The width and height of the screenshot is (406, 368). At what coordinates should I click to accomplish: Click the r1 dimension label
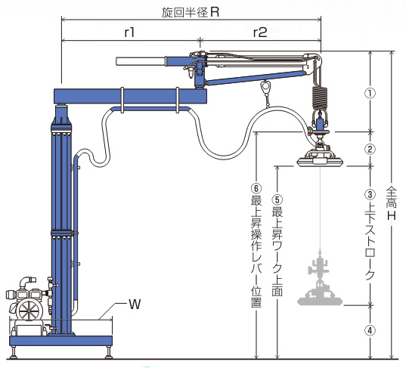(129, 32)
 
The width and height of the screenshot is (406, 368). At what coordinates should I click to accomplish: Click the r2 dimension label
(260, 32)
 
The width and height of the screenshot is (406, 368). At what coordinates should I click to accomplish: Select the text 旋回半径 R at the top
(191, 12)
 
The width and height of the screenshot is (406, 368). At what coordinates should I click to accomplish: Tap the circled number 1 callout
(370, 93)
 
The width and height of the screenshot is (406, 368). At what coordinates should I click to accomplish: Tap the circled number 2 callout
(370, 149)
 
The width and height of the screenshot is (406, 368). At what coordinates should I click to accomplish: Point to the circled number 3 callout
(370, 194)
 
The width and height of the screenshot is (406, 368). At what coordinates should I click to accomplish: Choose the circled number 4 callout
(370, 330)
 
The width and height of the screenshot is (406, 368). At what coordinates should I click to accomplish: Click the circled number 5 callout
(277, 200)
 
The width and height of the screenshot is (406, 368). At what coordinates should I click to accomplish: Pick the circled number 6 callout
(256, 188)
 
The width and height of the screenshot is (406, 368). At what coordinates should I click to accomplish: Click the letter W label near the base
(135, 304)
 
